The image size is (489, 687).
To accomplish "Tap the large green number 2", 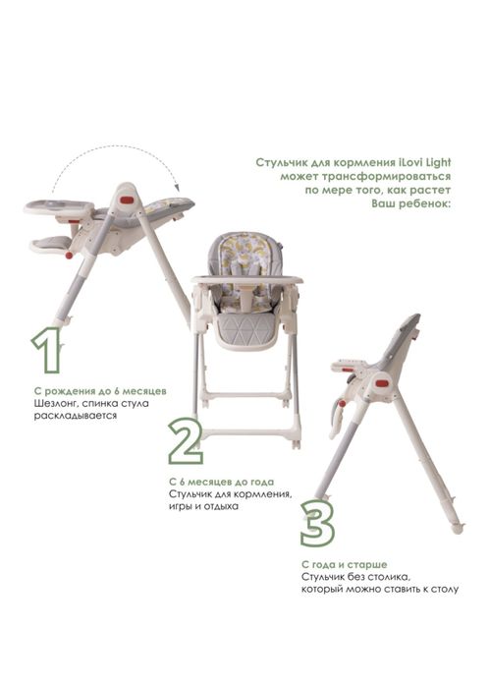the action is click(x=186, y=440).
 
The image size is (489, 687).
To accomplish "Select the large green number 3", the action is click(x=318, y=524).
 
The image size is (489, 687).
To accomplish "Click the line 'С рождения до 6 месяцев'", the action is click(x=100, y=391).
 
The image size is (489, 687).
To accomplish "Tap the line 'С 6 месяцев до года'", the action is click(x=222, y=482).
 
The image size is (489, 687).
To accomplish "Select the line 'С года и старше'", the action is click(x=344, y=565).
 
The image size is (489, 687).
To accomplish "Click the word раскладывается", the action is click(x=76, y=416).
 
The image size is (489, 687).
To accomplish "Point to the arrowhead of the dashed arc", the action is click(x=178, y=188).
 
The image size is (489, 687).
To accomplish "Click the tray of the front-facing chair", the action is click(x=246, y=279).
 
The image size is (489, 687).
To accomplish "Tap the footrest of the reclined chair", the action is click(x=51, y=245).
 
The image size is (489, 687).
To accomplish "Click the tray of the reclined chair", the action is click(x=59, y=206).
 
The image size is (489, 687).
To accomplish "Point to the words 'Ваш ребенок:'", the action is click(x=410, y=203).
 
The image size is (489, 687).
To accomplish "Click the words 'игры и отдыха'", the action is click(x=203, y=506).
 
